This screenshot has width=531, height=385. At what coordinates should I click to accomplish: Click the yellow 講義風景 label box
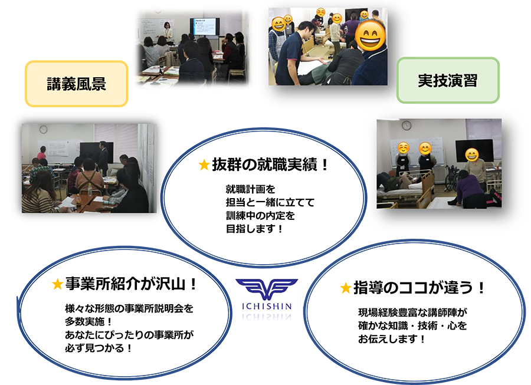coord(77,84)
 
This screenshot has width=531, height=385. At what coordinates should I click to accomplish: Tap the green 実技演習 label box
coord(448,80)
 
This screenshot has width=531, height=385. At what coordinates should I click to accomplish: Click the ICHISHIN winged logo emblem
coord(267,289)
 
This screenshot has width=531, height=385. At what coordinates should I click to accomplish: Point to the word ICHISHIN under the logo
coord(267,307)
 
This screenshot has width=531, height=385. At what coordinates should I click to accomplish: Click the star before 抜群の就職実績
coord(204,165)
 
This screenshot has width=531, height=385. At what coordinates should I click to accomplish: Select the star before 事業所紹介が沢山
coord(58,284)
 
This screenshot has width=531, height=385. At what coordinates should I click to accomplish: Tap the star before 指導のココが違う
coord(345,288)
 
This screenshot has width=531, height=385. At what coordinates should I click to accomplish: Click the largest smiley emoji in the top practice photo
coord(370,35)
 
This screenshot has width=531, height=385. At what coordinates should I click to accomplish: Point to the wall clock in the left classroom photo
coord(43,129)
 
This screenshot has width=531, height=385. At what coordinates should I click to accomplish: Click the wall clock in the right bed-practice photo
coord(407,125)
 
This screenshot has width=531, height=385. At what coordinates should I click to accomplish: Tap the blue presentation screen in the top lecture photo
coord(205,27)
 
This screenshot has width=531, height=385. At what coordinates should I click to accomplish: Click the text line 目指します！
coord(254,229)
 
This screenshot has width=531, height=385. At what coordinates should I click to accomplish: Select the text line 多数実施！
coord(88,322)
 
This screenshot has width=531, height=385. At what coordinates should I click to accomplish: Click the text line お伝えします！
coord(392,339)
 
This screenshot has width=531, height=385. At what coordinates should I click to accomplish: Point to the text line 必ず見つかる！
coord(99,348)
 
